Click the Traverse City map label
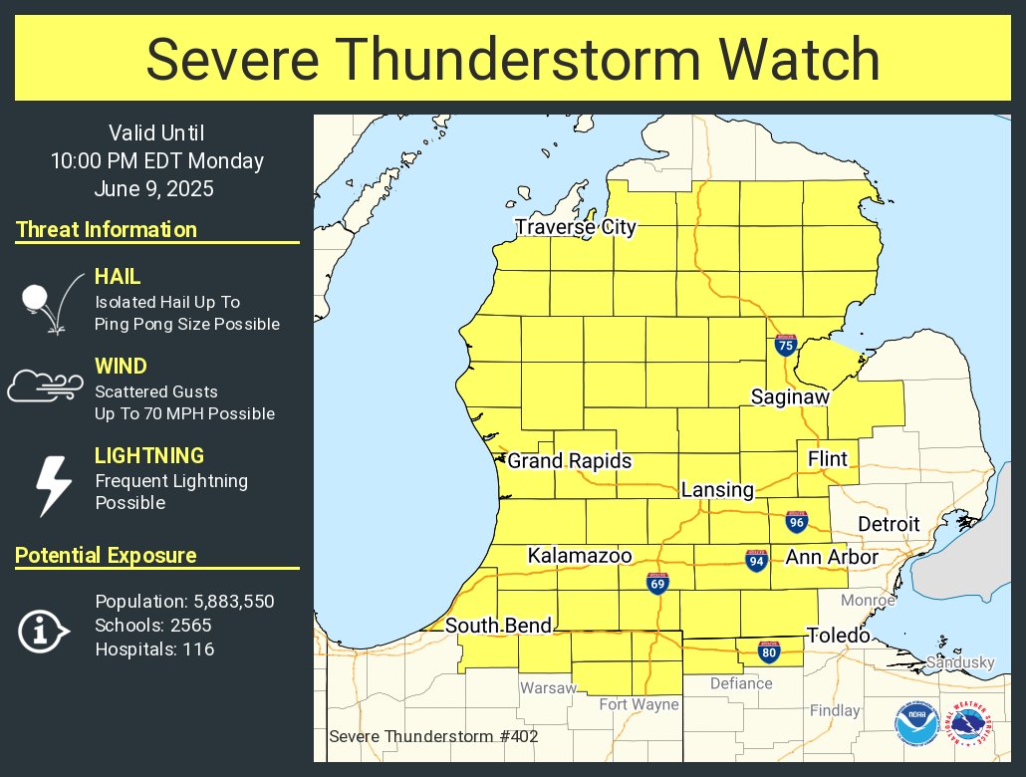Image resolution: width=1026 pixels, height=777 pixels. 576,227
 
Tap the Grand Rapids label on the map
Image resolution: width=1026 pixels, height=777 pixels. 570,461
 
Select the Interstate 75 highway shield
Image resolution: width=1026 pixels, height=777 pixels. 786,346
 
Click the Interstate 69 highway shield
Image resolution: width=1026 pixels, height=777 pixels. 657,582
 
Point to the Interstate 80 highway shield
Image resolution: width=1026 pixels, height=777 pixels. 768,652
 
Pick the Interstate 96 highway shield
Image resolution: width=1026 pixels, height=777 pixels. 796,521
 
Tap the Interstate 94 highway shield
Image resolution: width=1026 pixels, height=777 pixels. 756,560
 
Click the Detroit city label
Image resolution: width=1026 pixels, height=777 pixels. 889,525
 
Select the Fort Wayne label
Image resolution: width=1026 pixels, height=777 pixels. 639,704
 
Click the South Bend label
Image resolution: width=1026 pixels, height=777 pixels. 498,627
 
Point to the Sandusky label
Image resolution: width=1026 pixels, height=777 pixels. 960,662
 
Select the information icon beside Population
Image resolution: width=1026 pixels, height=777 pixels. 42,630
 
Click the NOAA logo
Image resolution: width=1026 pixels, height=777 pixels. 916,725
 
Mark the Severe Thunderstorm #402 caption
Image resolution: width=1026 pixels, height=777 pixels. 433,737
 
